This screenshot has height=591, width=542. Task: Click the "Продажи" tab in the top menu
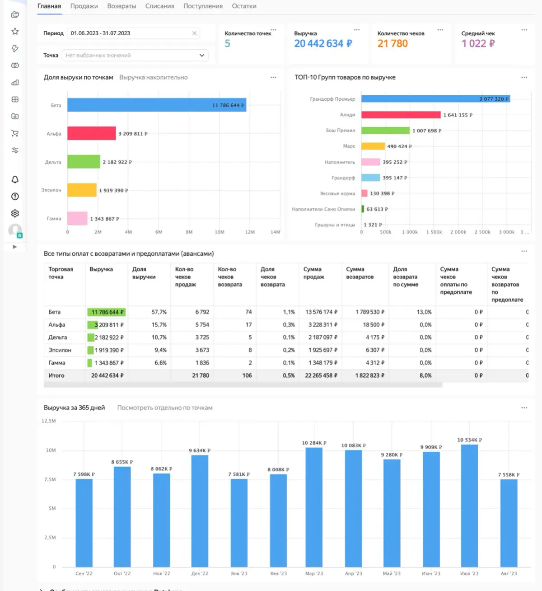point(84,6)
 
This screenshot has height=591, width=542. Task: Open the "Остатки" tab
point(244,6)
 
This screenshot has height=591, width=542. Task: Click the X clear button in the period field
point(194,33)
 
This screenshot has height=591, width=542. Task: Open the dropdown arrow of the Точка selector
point(201,55)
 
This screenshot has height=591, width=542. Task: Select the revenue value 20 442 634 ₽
point(322,44)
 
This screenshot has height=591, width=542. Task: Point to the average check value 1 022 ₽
point(478,44)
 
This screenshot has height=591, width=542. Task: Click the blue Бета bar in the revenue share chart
point(156,105)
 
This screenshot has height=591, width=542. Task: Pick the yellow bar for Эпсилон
point(82,190)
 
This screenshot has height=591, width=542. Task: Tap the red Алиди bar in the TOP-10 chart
point(401,115)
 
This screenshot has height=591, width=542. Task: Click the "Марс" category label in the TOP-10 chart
point(349,146)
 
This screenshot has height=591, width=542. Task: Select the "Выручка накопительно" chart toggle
point(153,77)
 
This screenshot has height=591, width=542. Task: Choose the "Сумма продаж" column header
point(313,273)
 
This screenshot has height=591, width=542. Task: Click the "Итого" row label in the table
point(56,375)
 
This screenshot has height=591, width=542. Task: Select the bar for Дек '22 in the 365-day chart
point(200,511)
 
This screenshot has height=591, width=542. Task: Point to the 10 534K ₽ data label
point(469,440)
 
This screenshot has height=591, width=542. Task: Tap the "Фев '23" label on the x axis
point(278,573)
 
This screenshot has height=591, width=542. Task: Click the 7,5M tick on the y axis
point(50,479)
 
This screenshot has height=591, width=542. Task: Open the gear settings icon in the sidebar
point(15,213)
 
